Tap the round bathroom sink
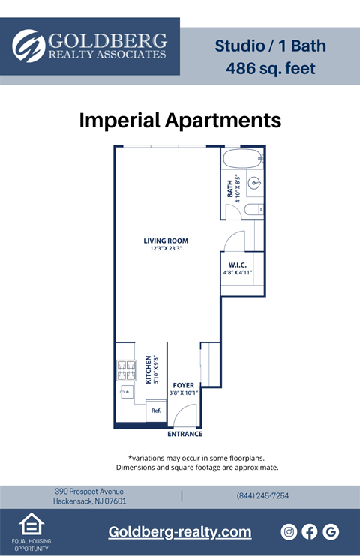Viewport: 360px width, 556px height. (x=254, y=181)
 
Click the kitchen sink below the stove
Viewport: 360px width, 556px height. (x=124, y=391)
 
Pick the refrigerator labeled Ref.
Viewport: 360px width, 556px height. (x=156, y=411)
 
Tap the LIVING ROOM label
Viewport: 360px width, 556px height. (x=165, y=241)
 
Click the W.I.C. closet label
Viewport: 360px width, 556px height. (x=238, y=265)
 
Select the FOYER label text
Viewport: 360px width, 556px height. (x=183, y=385)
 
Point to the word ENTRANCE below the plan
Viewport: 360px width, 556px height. (x=184, y=434)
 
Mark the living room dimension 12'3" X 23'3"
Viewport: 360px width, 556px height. (x=165, y=248)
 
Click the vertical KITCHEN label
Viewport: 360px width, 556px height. (x=148, y=369)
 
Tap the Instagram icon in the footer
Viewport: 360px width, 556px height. (x=289, y=531)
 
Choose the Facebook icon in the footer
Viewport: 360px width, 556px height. (x=310, y=531)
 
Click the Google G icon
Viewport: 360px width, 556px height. (x=331, y=531)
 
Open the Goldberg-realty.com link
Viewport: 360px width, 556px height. (x=179, y=532)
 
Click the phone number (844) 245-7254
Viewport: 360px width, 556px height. (x=262, y=496)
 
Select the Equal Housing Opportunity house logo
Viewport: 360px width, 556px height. (x=31, y=524)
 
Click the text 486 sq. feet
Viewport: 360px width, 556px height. (x=271, y=69)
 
